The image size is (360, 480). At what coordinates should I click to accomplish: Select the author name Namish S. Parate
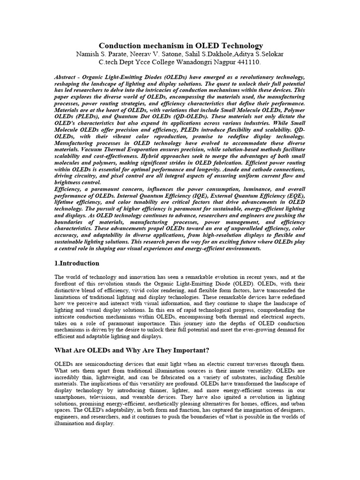point(104,54)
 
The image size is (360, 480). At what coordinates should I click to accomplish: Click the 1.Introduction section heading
point(77,263)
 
